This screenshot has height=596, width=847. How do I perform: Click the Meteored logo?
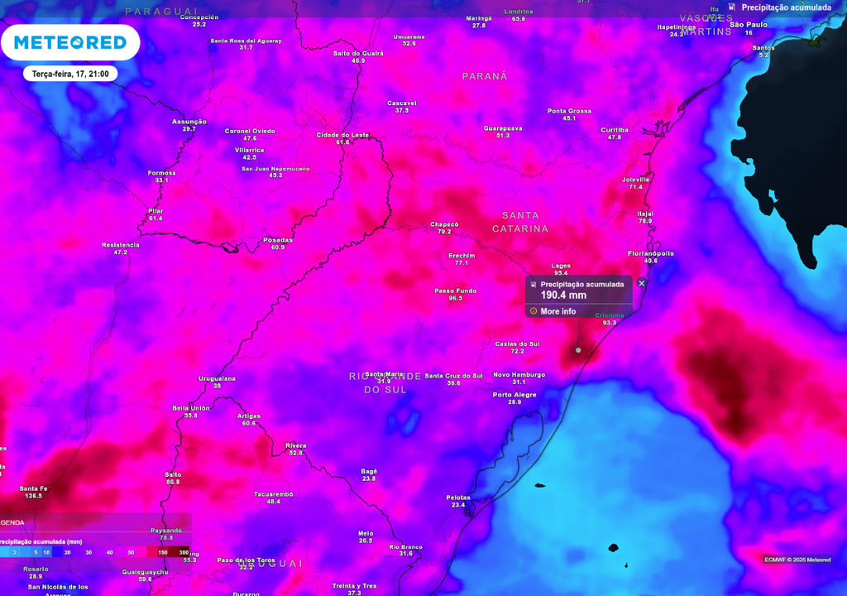click(69, 42)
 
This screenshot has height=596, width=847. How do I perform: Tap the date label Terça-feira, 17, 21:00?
click(70, 74)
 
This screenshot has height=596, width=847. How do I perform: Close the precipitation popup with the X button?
click(642, 283)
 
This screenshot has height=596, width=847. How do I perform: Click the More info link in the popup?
click(557, 311)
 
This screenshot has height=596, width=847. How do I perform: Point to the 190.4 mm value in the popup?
click(563, 296)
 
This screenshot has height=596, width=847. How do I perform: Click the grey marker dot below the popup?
click(578, 350)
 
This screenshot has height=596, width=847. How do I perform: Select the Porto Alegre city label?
click(514, 395)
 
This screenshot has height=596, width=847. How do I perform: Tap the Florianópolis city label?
click(651, 253)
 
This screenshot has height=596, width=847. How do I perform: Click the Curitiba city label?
click(615, 130)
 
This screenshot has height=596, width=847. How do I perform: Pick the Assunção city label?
click(189, 122)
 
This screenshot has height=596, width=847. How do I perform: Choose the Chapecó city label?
click(444, 224)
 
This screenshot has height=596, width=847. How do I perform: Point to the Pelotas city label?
click(458, 497)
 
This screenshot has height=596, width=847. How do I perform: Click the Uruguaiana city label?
click(217, 378)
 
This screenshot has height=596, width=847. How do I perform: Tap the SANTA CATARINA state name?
click(520, 222)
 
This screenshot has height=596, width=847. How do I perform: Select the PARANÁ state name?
click(485, 75)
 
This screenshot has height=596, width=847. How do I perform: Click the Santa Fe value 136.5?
click(34, 496)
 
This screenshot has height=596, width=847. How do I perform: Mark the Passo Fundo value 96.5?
click(455, 298)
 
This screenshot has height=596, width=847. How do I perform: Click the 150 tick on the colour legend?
click(163, 552)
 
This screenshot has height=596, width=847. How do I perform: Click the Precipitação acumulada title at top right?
click(786, 7)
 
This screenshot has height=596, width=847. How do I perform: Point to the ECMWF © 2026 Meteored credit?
click(797, 560)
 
